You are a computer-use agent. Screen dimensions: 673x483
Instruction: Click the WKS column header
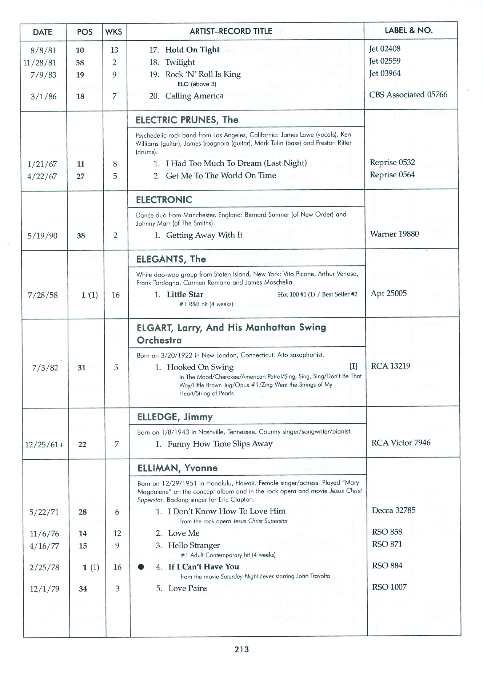(113, 32)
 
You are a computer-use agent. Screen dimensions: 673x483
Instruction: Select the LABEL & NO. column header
(408, 31)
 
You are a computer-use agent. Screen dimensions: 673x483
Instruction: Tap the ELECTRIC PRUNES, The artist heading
(187, 120)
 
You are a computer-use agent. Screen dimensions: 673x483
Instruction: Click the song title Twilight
(180, 62)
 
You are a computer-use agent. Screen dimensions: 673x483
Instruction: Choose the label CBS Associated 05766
(408, 95)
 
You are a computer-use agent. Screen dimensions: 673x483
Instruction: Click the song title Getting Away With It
(204, 235)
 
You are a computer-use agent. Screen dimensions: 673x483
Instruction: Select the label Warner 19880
(394, 234)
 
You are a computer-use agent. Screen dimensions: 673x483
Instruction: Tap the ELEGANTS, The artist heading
(171, 259)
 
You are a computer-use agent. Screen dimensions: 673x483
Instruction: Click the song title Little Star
(185, 295)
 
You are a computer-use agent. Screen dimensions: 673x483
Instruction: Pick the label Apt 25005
(388, 294)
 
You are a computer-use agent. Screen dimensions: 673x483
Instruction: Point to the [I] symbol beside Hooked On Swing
(353, 366)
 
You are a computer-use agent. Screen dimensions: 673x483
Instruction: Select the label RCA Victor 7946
(400, 443)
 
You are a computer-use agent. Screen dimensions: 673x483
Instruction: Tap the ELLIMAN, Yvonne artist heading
(177, 468)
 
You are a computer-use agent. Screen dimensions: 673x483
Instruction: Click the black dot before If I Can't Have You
(141, 567)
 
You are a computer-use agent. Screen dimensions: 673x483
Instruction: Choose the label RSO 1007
(389, 587)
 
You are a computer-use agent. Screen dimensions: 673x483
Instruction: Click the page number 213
(242, 649)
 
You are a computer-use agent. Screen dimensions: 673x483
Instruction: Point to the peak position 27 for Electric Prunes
(81, 177)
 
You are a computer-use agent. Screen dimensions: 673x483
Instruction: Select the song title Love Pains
(188, 588)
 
